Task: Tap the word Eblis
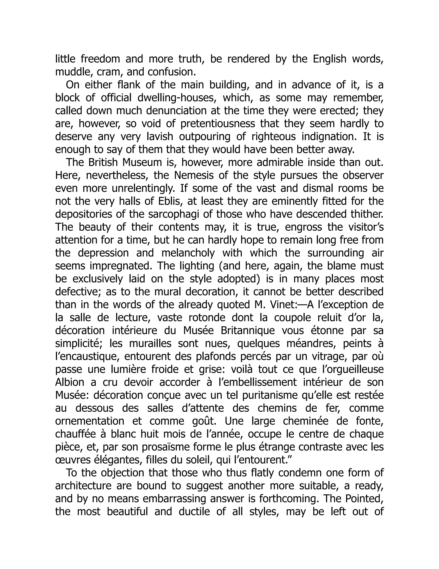(166, 201)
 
